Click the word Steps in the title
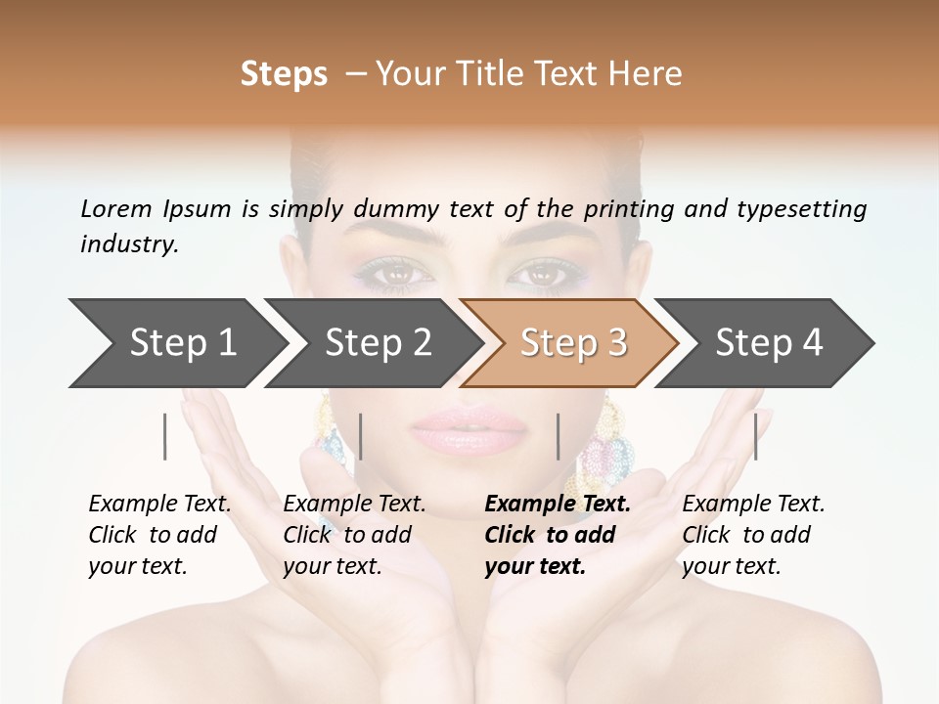(x=284, y=74)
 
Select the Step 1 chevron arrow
(x=176, y=343)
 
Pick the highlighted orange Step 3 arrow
(x=570, y=343)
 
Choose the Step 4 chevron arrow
(x=766, y=343)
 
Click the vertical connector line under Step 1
(x=165, y=436)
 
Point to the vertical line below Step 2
(x=361, y=436)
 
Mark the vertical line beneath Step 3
(x=558, y=436)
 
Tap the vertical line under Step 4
(x=755, y=436)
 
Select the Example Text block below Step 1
(x=159, y=534)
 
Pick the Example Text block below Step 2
(x=354, y=534)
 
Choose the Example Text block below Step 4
(x=753, y=534)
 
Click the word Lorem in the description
(x=116, y=208)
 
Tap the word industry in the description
(x=128, y=244)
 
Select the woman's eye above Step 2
(x=393, y=275)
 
